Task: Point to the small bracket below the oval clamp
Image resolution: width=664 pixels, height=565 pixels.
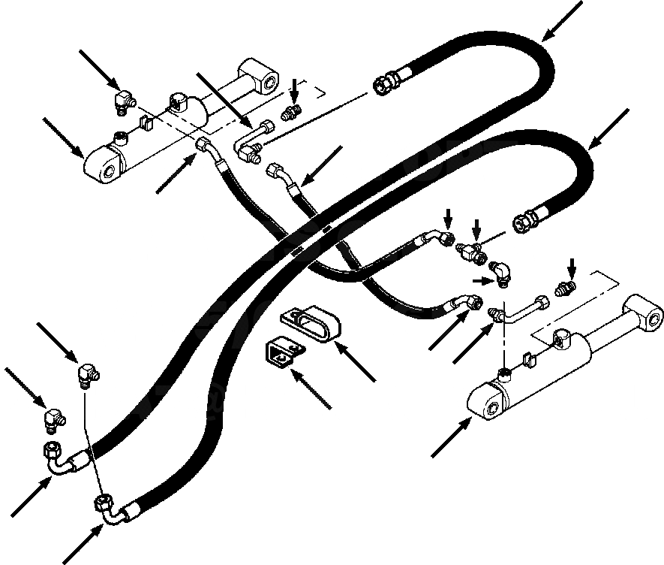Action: point(281,353)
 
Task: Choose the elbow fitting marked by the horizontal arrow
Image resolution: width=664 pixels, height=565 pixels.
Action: point(500,273)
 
